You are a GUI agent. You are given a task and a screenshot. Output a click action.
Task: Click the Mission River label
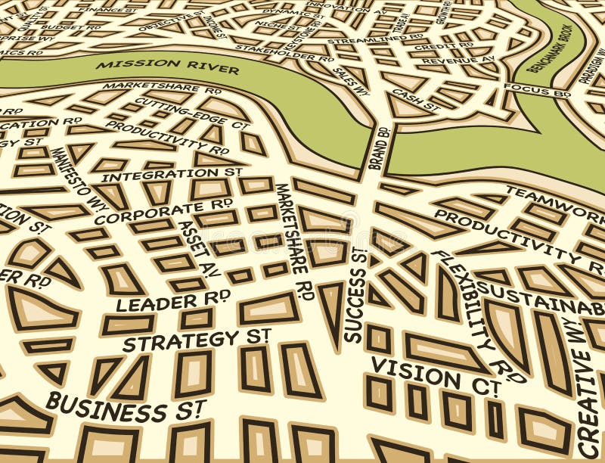[x=167, y=67]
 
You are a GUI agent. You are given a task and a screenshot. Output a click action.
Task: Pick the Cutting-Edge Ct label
[x=191, y=113]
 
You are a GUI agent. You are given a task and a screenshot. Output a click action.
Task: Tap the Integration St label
[x=172, y=175]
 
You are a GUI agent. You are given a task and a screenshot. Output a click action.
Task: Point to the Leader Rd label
[x=173, y=301]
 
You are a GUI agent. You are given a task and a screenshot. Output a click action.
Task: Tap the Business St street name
[x=125, y=408]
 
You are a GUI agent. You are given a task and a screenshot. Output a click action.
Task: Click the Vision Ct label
[x=436, y=376]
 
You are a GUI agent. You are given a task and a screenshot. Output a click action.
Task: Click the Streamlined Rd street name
[x=375, y=37]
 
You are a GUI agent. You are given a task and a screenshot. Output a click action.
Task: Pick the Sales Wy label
[x=351, y=80]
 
